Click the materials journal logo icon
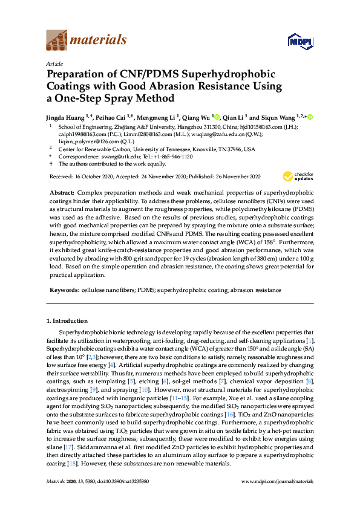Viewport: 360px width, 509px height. [56, 40]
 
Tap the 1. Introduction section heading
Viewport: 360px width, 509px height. [67, 320]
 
